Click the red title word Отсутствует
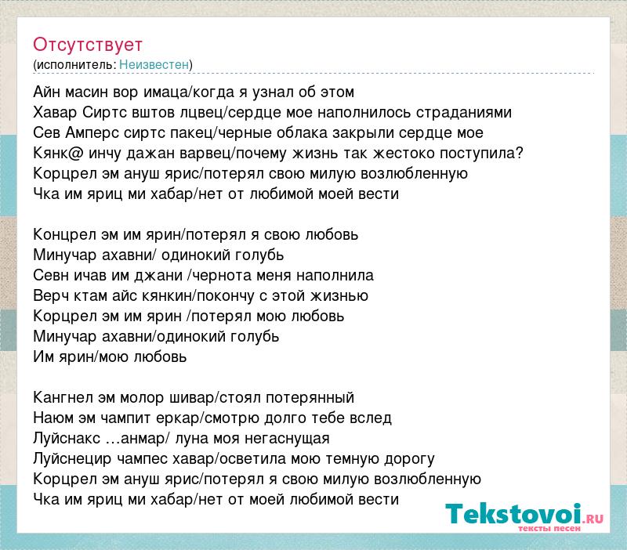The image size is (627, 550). tap(88, 45)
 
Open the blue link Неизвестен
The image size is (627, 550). tap(154, 64)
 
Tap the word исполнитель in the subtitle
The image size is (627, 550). tap(75, 65)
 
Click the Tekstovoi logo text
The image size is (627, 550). tap(513, 514)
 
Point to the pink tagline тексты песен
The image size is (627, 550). tap(549, 528)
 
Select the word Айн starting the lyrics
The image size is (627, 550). tap(47, 92)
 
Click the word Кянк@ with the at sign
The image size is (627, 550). tap(58, 153)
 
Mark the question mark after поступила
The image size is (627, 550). tap(520, 153)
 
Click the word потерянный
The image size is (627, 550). tap(310, 398)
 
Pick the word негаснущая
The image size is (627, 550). tap(287, 439)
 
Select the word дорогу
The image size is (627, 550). tap(409, 459)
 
